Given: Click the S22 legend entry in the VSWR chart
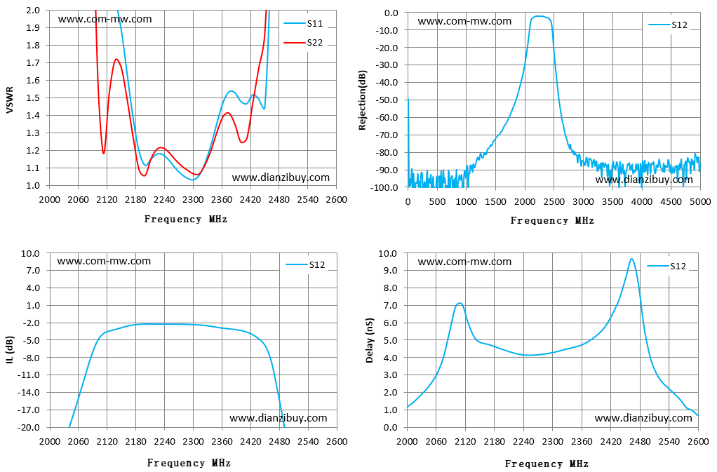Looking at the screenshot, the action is click(x=303, y=43).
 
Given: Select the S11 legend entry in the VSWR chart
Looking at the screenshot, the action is click(x=303, y=23).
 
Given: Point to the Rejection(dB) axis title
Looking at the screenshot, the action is click(x=363, y=100).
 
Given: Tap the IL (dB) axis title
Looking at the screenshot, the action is click(x=10, y=350).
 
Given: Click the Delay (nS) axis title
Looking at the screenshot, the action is click(x=370, y=340).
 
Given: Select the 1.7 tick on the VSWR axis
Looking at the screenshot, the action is click(x=33, y=62).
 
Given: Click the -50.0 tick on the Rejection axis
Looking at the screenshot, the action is click(x=387, y=100).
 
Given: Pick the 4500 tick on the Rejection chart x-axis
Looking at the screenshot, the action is click(x=671, y=201).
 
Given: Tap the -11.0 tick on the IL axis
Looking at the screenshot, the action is click(x=29, y=375).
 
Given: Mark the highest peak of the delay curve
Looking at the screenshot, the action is click(x=631, y=259).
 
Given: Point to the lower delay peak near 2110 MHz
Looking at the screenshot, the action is click(x=460, y=303).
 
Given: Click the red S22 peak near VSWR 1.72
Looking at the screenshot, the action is click(x=116, y=59).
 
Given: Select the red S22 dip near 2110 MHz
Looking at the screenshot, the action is click(x=104, y=153).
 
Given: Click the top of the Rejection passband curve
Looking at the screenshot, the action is click(x=540, y=16).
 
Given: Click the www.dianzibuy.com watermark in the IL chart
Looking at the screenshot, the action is click(x=278, y=418).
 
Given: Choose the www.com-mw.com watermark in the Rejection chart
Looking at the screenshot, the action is click(x=464, y=21).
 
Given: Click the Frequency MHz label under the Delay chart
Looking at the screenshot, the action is click(x=547, y=464).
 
